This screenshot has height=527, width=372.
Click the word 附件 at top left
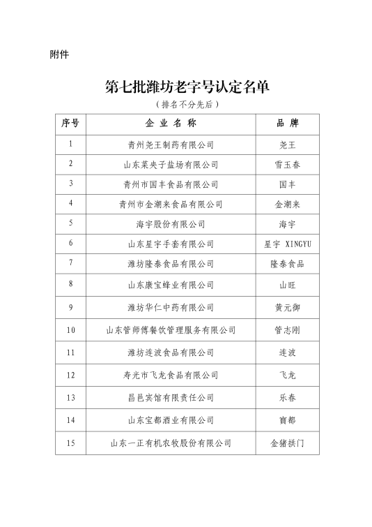(59, 54)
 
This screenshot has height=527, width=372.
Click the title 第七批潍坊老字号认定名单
(187, 87)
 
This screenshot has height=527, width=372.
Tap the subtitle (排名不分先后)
(187, 104)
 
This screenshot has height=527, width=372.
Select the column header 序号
(70, 124)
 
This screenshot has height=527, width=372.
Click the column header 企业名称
(171, 124)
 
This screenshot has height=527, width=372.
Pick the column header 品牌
(287, 124)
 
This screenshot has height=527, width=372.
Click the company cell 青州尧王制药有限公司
(171, 145)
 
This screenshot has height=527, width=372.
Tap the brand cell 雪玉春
(287, 165)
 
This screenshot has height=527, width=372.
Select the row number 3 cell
(70, 184)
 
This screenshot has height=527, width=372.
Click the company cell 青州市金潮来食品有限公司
(171, 205)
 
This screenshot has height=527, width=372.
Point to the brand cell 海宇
(287, 224)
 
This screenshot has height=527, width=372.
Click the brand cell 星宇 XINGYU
(287, 244)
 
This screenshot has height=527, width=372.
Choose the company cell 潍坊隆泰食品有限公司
(171, 265)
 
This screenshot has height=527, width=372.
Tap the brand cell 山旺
(287, 285)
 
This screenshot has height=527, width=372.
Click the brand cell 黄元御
(287, 307)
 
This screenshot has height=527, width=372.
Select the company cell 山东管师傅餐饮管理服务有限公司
(171, 330)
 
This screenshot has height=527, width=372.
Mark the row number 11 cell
(70, 352)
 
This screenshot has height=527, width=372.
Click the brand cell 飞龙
(287, 376)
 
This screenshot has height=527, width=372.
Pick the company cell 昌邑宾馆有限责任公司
(171, 398)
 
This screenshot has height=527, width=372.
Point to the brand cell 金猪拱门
(287, 443)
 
